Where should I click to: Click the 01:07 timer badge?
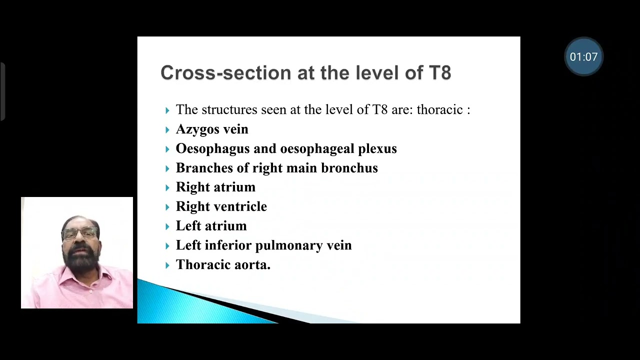tap(583, 56)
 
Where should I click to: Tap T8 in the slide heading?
tap(440, 72)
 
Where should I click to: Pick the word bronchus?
tap(349, 168)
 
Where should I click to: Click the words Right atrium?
tap(215, 187)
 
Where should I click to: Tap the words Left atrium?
tap(211, 226)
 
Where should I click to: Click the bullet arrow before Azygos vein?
tap(167, 130)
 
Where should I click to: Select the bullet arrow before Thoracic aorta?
tap(167, 265)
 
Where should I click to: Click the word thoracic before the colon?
tap(439, 110)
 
